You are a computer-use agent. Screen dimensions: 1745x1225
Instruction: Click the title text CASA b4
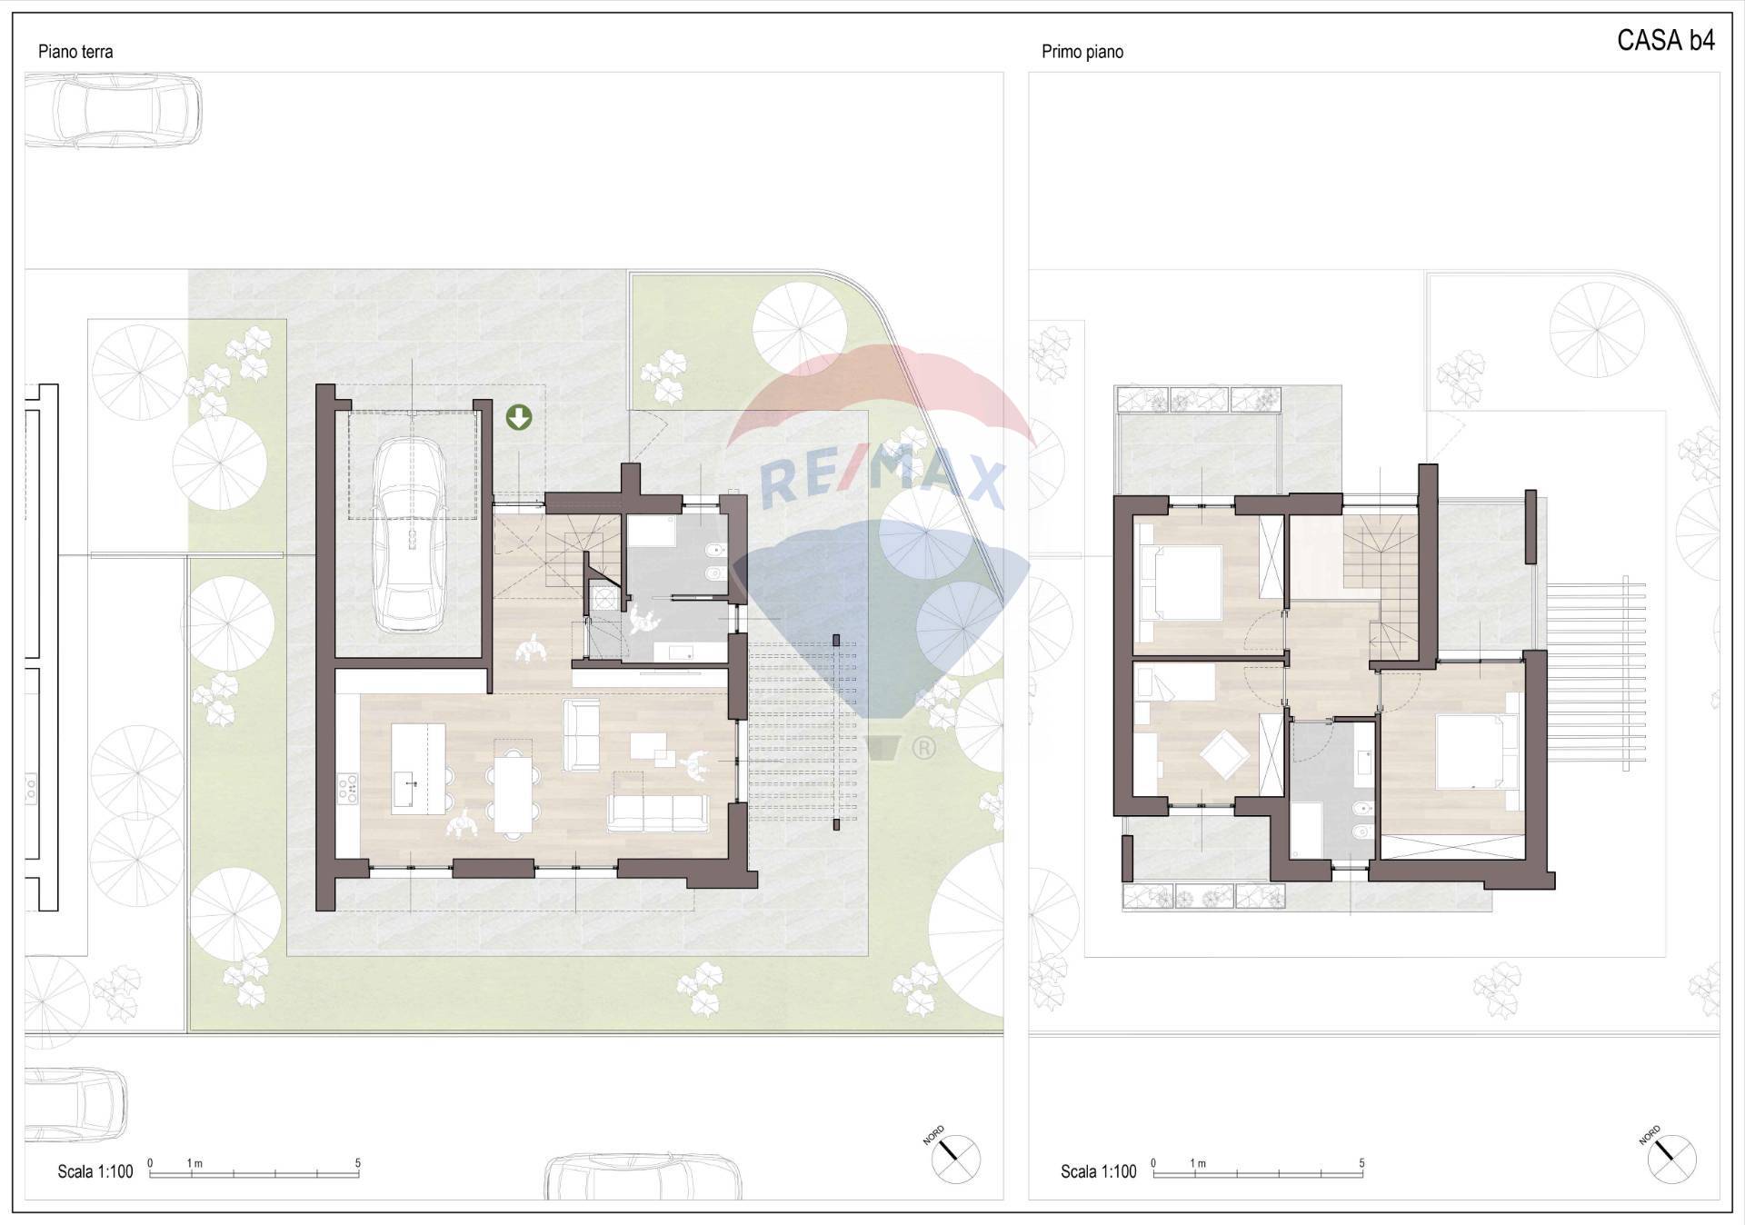click(x=1666, y=41)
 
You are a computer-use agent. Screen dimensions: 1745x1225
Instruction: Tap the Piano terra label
click(x=75, y=52)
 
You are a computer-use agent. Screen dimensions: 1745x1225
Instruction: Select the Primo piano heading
click(x=1082, y=52)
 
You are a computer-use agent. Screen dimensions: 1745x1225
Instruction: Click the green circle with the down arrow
click(x=519, y=417)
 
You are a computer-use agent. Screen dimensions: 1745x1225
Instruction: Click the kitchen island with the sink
click(x=418, y=768)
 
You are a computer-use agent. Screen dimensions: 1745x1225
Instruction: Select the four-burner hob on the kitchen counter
click(x=348, y=788)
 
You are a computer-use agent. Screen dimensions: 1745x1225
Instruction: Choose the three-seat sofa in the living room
click(x=657, y=813)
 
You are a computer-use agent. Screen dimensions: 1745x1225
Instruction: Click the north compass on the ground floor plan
click(x=955, y=1159)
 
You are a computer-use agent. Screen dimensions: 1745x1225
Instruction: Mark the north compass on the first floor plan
click(x=1671, y=1159)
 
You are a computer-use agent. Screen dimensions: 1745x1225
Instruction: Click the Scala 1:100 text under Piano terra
click(x=95, y=1171)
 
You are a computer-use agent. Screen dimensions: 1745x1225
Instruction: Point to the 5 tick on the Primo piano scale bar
click(x=1361, y=1163)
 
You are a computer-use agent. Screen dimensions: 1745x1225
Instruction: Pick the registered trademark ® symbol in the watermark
click(x=923, y=748)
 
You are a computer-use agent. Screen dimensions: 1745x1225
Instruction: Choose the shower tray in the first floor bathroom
click(x=1307, y=830)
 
